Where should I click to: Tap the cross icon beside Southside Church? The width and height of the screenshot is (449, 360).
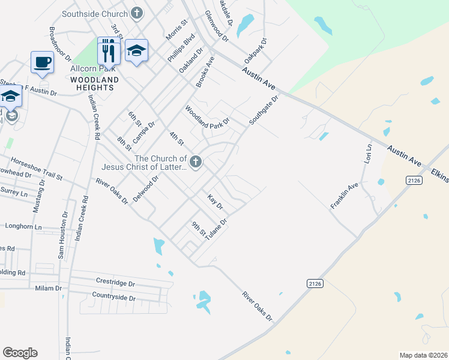[137, 13]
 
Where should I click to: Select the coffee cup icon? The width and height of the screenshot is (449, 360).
[41, 62]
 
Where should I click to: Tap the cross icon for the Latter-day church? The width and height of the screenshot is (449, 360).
[195, 161]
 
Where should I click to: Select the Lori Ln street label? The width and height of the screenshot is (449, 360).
[368, 154]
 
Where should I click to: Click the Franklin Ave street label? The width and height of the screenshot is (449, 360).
[344, 196]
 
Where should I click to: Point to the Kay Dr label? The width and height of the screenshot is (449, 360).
[215, 202]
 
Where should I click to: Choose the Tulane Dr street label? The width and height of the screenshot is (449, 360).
[216, 230]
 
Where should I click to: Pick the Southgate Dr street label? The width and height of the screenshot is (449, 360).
[264, 110]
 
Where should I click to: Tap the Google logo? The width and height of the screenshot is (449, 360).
[20, 353]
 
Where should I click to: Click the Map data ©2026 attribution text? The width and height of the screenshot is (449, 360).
[423, 355]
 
